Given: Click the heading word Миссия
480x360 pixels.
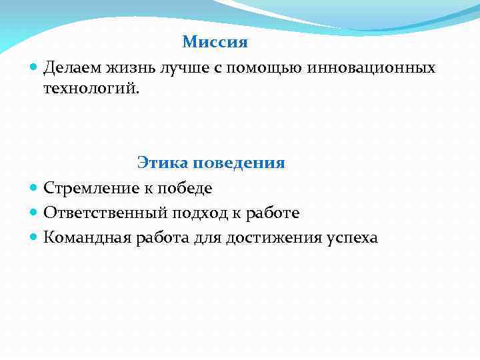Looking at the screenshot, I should (215, 43).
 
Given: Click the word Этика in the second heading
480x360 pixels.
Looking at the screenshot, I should (160, 163).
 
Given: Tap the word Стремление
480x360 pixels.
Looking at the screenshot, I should (89, 189).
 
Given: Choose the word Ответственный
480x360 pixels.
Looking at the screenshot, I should (103, 213).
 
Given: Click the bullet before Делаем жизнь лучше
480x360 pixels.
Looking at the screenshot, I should (34, 68).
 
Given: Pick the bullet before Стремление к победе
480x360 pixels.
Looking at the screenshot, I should (34, 189).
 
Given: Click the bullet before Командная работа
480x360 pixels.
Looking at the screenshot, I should (34, 238).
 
